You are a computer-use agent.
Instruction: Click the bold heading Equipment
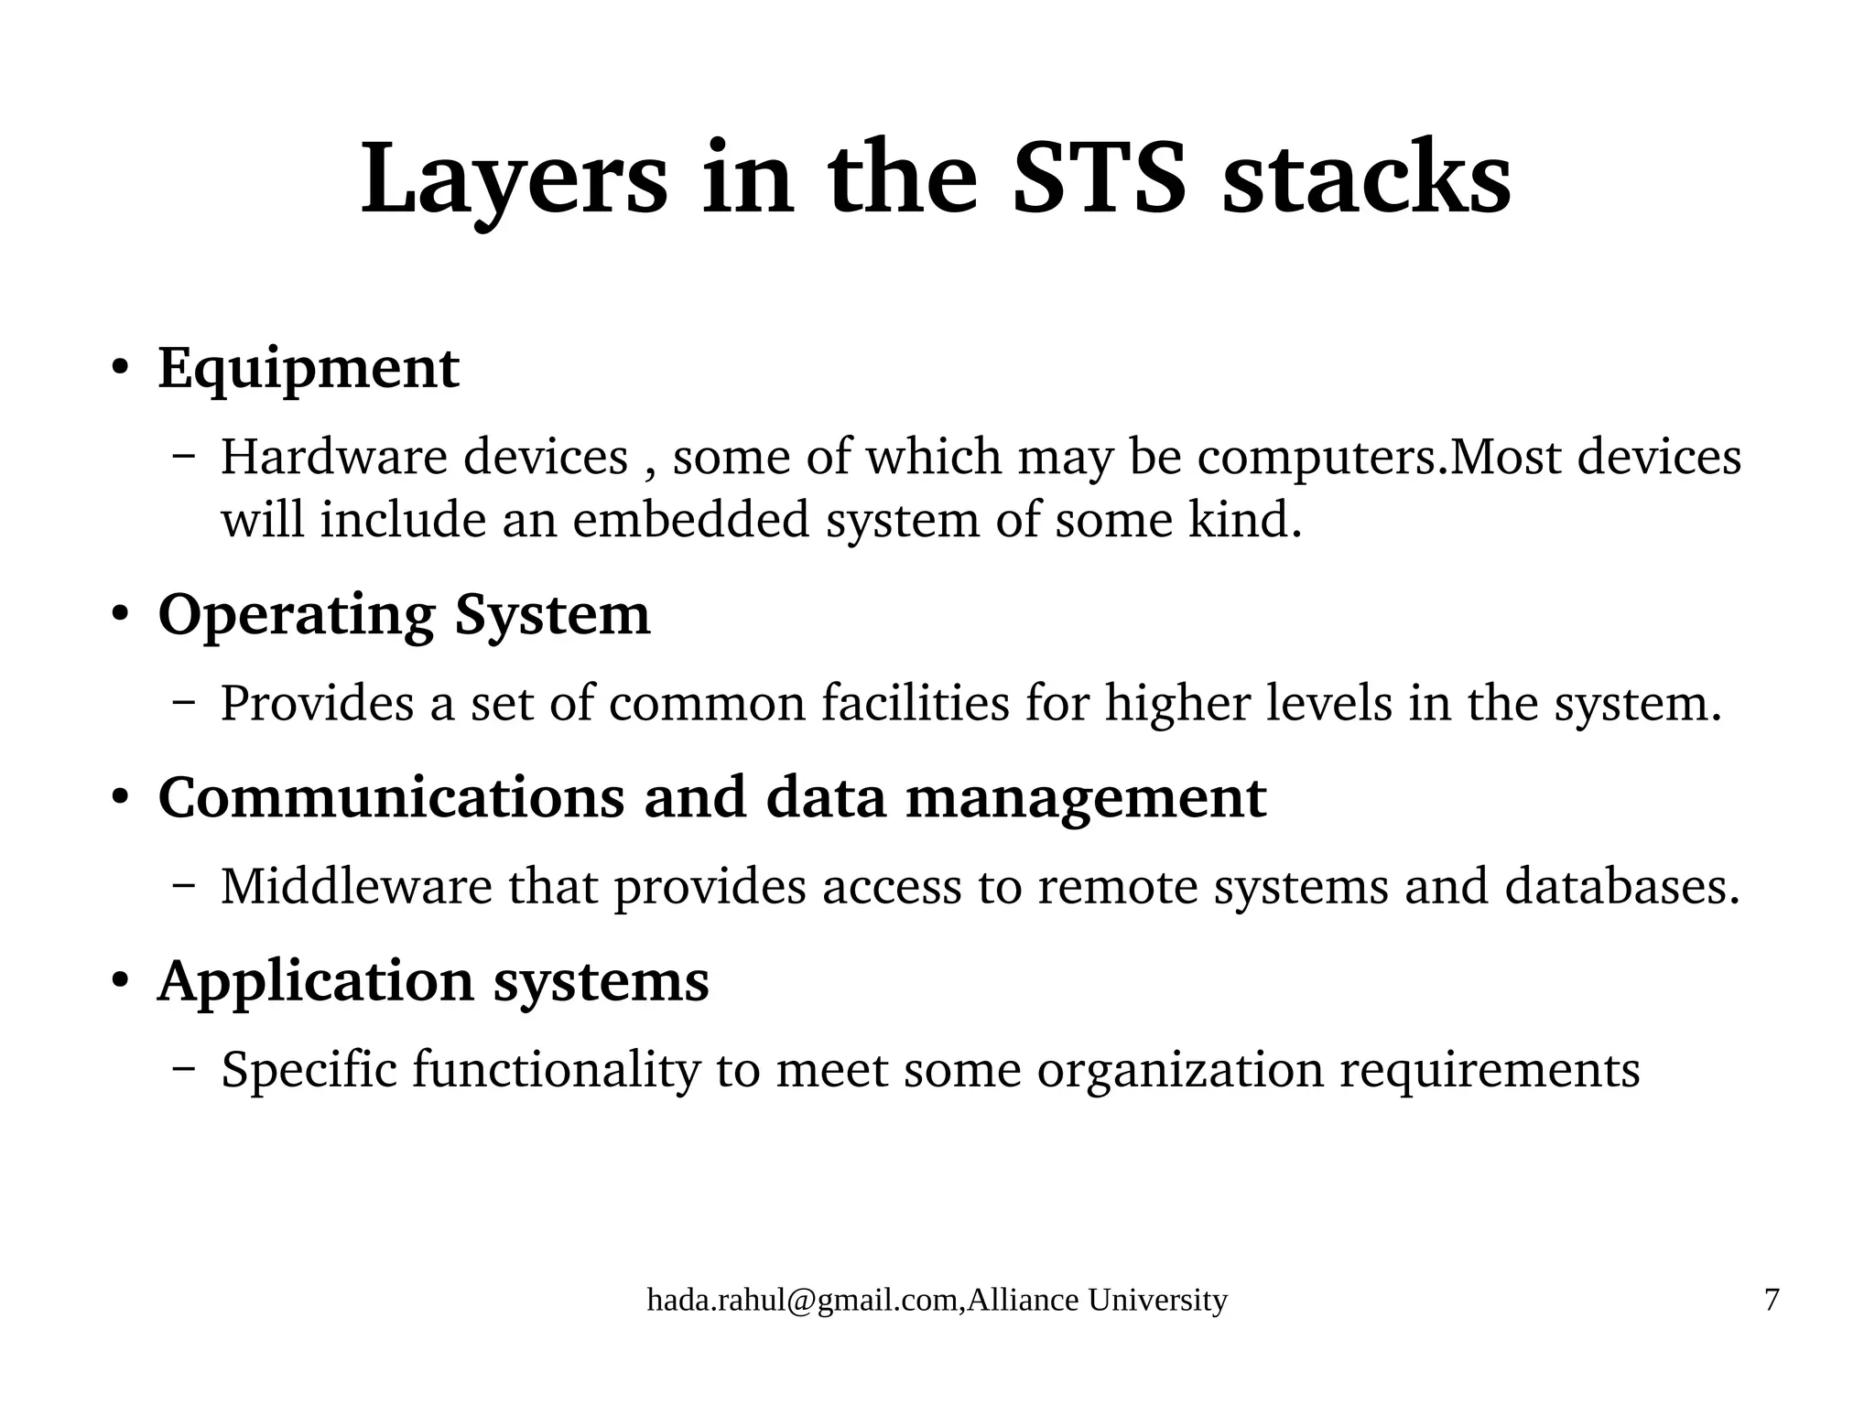[x=309, y=369]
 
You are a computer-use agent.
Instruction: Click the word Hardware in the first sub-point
[x=334, y=457]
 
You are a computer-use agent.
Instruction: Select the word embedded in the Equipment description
[x=691, y=520]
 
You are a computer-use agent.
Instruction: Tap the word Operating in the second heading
[x=296, y=615]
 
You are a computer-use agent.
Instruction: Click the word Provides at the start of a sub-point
[x=317, y=704]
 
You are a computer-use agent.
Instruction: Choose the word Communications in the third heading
[x=392, y=797]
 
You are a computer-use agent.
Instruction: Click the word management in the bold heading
[x=1086, y=797]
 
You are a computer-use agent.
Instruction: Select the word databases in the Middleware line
[x=1621, y=887]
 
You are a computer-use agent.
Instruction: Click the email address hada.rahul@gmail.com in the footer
[x=804, y=1300]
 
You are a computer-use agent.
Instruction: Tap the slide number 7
[x=1772, y=1300]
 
